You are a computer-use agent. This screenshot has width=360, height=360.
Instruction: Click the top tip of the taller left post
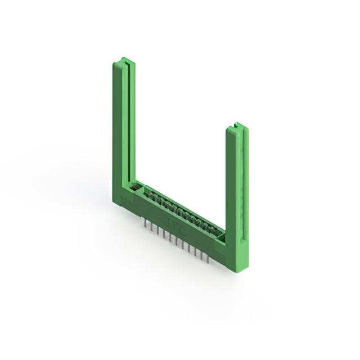click(x=124, y=60)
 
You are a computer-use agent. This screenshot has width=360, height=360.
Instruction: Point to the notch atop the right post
click(x=237, y=124)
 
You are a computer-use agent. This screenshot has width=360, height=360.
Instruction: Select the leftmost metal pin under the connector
click(x=145, y=224)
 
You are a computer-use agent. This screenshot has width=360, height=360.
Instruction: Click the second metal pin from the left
click(x=152, y=228)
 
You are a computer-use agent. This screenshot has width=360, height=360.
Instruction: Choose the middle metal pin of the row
click(x=176, y=241)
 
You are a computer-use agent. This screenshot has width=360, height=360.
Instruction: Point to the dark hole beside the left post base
click(x=134, y=187)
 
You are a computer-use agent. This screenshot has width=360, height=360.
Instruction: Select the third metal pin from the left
click(x=158, y=231)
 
